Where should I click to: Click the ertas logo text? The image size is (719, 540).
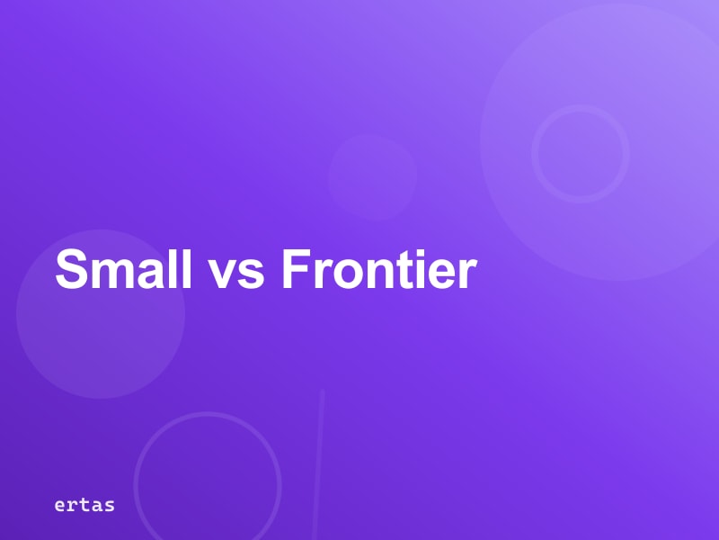point(84,505)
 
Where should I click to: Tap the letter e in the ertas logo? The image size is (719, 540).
point(60,506)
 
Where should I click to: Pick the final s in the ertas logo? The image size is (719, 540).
point(109,506)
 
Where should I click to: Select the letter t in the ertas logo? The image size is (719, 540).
point(84,505)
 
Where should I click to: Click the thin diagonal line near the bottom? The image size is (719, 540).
point(317,468)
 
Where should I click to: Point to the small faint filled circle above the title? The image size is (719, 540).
point(372,176)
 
